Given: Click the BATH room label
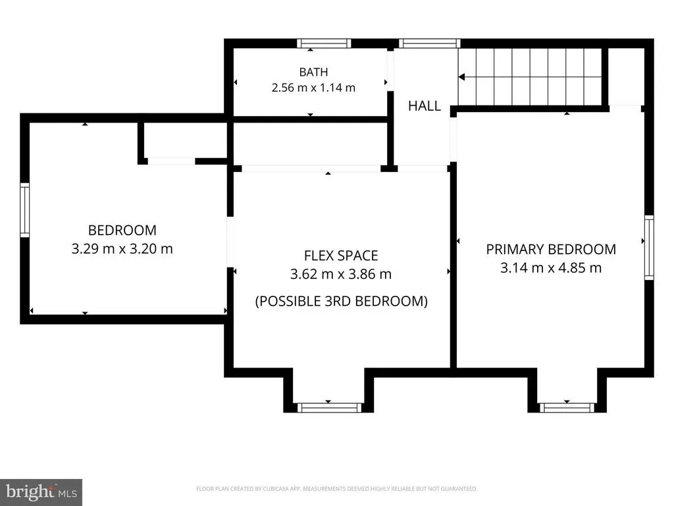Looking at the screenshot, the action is coord(313,72).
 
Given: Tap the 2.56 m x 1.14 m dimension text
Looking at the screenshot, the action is coord(313,88).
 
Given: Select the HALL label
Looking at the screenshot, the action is coord(425,106).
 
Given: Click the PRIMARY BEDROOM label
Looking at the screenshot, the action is coord(551,249).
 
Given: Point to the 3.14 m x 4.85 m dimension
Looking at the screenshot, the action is coord(551,267).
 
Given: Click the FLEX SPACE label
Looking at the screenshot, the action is coord(341,256).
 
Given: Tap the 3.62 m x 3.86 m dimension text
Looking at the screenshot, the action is coord(341,274).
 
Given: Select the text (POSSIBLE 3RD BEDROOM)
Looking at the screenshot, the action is coord(342,300).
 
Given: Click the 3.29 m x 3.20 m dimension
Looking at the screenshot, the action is coord(122,248).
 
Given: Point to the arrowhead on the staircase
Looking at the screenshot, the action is coord(461,77).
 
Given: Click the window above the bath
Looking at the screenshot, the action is coord(324,43).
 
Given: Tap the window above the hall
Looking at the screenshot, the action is coord(429,43).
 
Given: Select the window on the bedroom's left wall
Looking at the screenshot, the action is coord(25,210).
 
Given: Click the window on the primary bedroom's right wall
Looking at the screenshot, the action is coord(649,248).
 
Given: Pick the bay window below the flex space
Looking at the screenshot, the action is coord(329,408).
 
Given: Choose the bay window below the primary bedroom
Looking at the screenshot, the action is coord(567,408).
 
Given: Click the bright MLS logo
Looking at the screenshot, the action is coord(41,492).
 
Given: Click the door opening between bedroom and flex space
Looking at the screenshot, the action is coord(230,242).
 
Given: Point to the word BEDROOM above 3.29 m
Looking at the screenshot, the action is coord(122,230).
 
